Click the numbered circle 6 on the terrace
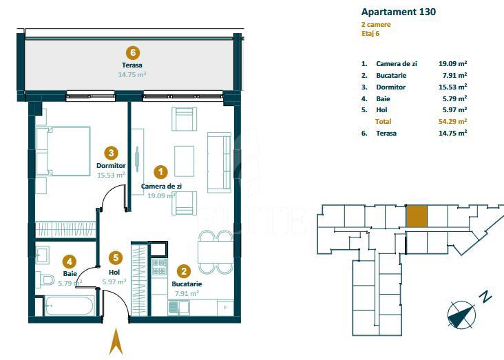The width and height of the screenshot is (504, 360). pos(133,52)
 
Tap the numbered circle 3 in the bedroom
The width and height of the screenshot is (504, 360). pos(112,153)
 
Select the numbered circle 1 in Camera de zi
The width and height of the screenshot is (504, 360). pos(160,172)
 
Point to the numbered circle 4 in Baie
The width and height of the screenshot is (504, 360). pos(70,262)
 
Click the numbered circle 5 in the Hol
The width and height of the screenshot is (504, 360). pos(116,257)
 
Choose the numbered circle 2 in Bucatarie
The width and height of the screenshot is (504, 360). pos(184,271)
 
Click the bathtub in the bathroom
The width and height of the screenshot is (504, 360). pos(70,306)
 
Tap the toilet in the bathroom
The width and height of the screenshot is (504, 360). pos(45,279)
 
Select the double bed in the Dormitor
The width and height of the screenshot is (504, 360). pos(63,151)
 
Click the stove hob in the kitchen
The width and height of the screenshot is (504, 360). pos(159,267)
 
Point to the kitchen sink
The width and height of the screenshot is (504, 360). pos(178,308)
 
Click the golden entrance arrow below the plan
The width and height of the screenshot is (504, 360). pos(116,341)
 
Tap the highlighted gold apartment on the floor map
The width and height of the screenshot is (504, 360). pos(417,216)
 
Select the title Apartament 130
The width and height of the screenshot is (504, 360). pos(399,12)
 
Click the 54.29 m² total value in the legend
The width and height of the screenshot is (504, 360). pos(452,121)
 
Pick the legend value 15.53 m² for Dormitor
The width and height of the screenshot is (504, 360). pos(452,87)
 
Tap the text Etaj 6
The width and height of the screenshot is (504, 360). pos(370,34)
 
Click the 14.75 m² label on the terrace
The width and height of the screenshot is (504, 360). pos(132,74)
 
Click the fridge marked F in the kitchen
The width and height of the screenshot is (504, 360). pos(226,308)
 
